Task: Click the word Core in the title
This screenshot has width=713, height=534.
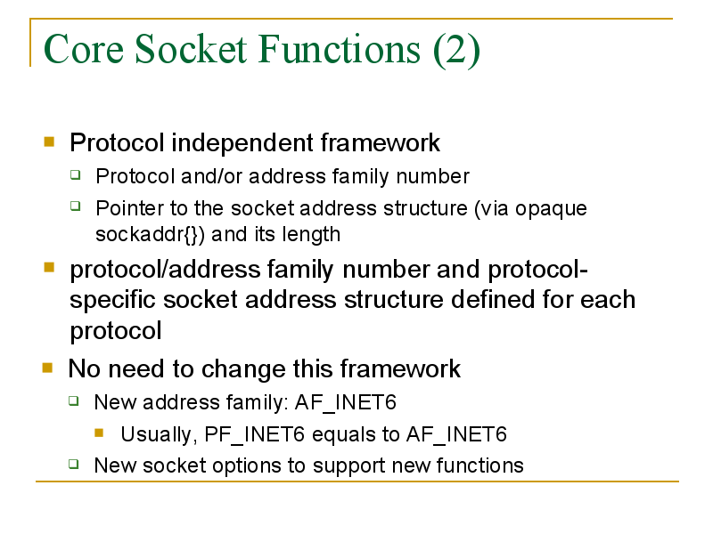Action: click(83, 49)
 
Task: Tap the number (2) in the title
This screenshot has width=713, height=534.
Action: click(456, 50)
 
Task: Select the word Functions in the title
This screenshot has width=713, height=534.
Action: click(340, 49)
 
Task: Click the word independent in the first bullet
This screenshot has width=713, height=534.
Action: click(242, 142)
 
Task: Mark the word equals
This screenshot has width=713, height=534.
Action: click(343, 435)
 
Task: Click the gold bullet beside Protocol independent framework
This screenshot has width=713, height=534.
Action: click(49, 142)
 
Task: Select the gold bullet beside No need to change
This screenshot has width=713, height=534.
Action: click(47, 368)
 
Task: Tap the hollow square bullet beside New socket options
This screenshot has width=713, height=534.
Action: click(74, 464)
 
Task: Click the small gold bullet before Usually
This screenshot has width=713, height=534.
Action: click(99, 433)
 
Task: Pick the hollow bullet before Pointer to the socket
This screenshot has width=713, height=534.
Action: click(76, 206)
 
